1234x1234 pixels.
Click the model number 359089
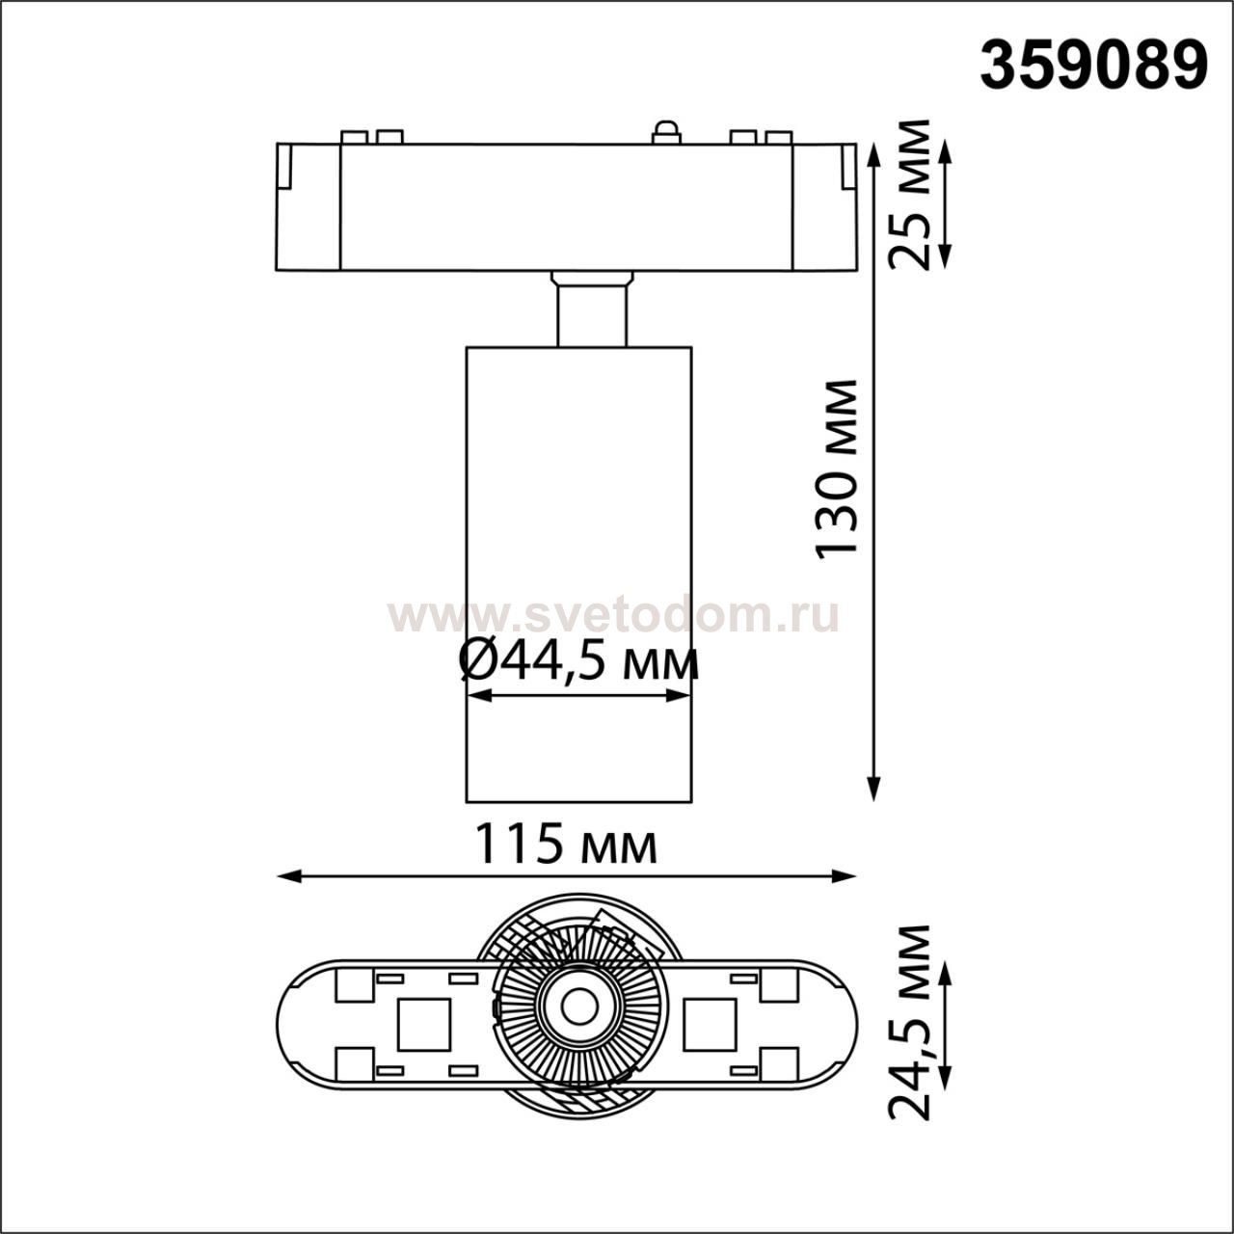point(1093,67)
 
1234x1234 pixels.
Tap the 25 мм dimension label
point(911,196)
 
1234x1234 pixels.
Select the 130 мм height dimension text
point(836,469)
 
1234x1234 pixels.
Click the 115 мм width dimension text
point(566,845)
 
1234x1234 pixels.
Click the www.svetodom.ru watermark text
point(613,615)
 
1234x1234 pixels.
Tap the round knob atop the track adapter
point(665,133)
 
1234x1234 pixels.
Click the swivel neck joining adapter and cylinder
point(592,310)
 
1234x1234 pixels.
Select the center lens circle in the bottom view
point(578,1006)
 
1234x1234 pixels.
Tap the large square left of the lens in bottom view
point(423,1024)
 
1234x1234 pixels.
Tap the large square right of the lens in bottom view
point(710,1024)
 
